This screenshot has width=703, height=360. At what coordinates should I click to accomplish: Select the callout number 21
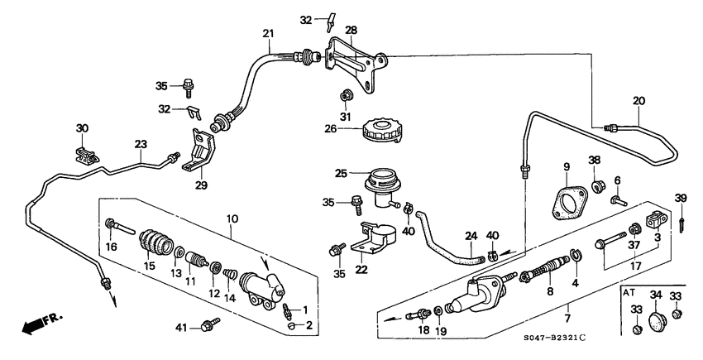point(267,34)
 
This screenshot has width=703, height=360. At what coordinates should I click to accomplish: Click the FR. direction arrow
point(36,324)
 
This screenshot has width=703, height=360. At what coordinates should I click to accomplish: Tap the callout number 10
point(231,218)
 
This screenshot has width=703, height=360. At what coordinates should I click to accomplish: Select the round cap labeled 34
point(656,322)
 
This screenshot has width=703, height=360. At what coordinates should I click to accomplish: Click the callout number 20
point(638,102)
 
